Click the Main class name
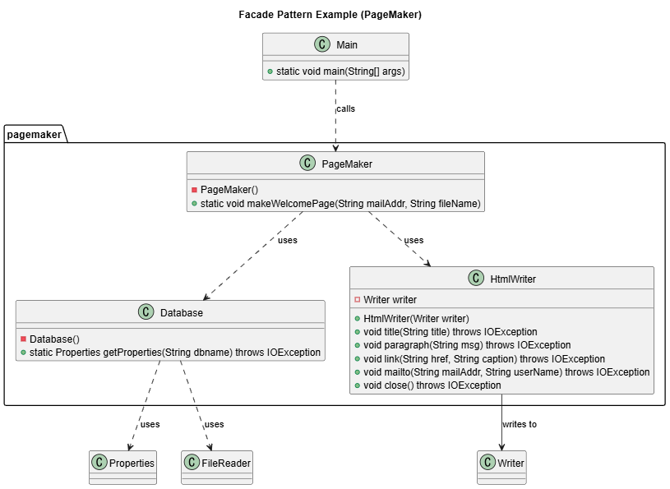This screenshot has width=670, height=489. pos(347,45)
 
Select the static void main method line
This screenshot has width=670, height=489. pos(340,72)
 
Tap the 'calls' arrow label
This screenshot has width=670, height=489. pos(345,108)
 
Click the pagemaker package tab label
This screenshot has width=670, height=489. pos(34,134)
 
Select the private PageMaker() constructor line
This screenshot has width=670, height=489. pos(229,189)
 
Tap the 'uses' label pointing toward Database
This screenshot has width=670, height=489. pos(287,240)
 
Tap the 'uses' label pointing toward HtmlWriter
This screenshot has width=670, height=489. pos(414,240)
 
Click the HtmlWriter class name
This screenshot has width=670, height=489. pos(512,279)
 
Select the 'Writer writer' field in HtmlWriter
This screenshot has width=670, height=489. pos(390,299)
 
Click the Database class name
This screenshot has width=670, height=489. pos(182,312)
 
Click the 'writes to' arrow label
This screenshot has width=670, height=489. pos(520,424)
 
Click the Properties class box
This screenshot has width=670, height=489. pos(122,464)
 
